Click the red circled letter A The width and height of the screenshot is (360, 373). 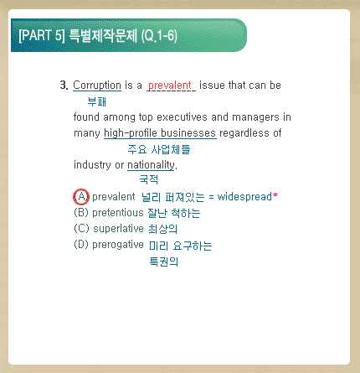point(81,197)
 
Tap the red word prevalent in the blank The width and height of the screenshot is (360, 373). point(170,85)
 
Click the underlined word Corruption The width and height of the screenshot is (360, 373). point(97,85)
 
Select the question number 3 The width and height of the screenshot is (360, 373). point(64,85)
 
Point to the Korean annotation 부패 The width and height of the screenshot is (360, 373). point(97,101)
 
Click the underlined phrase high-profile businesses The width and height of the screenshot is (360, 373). point(160,133)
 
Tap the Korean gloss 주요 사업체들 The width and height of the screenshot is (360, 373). point(159,149)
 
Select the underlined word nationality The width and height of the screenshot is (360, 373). point(151,165)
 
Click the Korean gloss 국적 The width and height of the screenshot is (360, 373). point(149,179)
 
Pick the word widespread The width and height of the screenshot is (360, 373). point(244,196)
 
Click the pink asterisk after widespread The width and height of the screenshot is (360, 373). point(275,195)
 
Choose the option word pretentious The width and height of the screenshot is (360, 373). point(118,213)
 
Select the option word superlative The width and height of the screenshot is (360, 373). point(118,229)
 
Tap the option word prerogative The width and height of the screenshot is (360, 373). point(118,245)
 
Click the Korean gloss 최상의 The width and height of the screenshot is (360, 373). point(162,229)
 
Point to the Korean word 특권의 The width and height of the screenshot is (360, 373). point(164,262)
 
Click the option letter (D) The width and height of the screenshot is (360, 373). point(81,245)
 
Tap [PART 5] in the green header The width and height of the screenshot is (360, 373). point(42,35)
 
